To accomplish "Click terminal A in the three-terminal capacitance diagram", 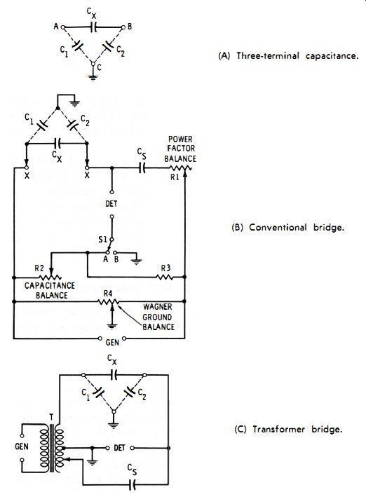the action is (63, 27).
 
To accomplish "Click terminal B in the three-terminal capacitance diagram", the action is (123, 27).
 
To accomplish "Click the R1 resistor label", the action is (175, 177).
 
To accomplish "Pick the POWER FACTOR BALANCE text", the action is (180, 149).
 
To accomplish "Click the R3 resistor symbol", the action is (165, 278).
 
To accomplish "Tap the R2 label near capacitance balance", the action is (39, 268).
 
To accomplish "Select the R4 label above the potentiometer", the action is (108, 293).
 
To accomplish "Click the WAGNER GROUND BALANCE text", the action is (158, 317).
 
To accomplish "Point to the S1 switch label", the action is (102, 239).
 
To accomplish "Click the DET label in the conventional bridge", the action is (111, 203).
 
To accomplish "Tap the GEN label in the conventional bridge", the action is (112, 343).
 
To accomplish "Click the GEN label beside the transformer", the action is (22, 446).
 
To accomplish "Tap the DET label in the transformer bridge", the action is (119, 448).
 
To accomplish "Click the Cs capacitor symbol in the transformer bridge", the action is (133, 485).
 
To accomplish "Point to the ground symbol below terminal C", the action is (93, 77).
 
